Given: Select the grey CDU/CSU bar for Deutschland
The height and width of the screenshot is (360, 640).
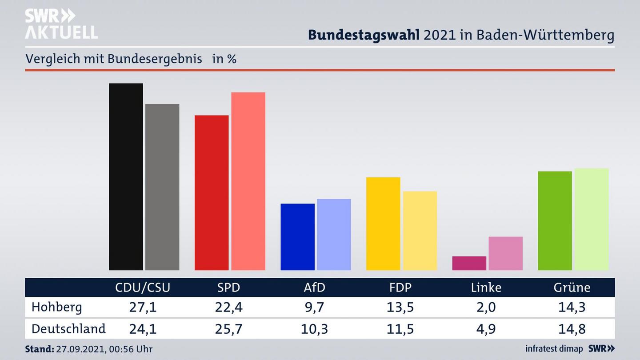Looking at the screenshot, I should coord(162,187).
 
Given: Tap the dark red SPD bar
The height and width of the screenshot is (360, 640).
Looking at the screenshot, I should coord(212,192).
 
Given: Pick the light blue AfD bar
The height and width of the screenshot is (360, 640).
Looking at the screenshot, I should coord(334,234).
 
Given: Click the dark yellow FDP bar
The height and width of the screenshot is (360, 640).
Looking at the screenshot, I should coord(383,224).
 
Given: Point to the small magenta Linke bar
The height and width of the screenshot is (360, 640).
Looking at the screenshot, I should coord(469,263).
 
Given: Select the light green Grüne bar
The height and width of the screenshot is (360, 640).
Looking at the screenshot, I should coord(592,219).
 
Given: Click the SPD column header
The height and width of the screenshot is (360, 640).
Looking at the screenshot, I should coord(228,288).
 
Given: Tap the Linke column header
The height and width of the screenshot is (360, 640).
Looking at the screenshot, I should coord(486,288).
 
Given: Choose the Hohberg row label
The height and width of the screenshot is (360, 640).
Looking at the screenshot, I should coord(57,307).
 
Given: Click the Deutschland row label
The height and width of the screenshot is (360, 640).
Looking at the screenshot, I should coord(68,329).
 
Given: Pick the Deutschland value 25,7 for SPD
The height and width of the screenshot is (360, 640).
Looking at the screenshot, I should coord(228,329).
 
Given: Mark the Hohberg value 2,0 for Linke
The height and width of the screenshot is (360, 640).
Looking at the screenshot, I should coord(486,307).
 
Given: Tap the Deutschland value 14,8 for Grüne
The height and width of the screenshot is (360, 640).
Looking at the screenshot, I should coord(572,329).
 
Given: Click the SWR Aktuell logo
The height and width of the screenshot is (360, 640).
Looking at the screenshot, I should coord(61,24).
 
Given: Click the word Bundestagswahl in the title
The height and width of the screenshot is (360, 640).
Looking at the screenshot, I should coord(364,35).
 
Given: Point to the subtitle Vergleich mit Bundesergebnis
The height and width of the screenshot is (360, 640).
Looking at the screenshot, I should coord(114,59).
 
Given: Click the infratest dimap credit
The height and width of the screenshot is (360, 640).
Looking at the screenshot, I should coord(555,349).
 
